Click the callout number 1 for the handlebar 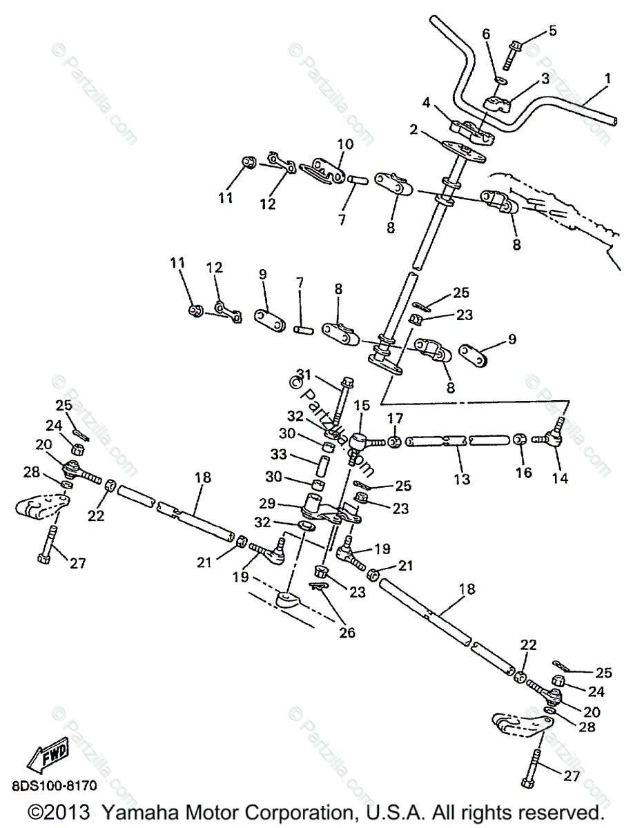[x=607, y=80]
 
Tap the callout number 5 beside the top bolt [x=552, y=30]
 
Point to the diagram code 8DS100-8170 [x=54, y=785]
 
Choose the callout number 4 [x=427, y=103]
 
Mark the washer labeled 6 [x=502, y=79]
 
